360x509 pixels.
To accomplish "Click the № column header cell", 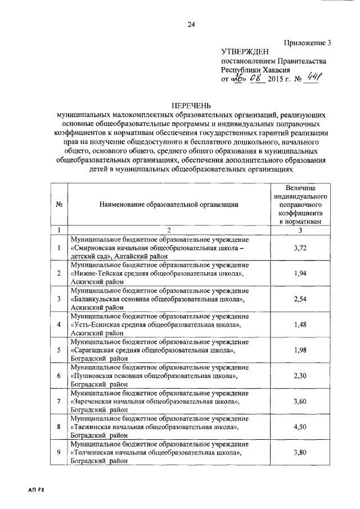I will (x=58, y=204).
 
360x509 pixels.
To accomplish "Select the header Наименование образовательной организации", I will (x=169, y=204).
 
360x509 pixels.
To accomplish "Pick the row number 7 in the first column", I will (x=58, y=402).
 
